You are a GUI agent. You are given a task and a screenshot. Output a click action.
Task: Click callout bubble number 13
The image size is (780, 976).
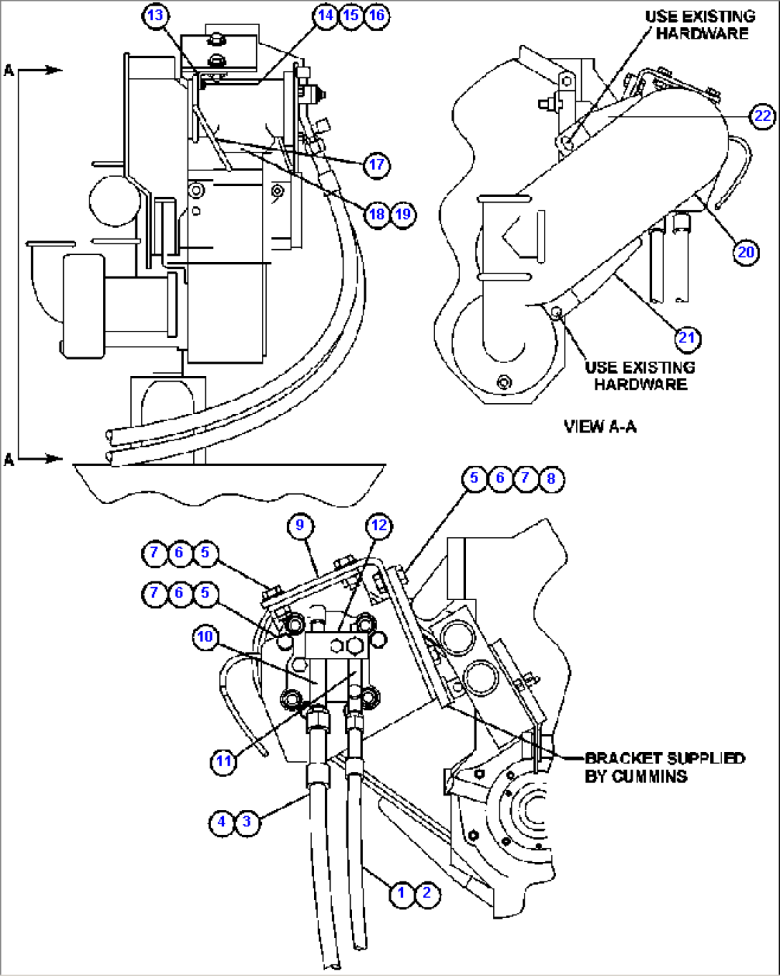155,16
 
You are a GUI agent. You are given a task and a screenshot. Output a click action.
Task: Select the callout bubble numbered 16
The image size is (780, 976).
377,16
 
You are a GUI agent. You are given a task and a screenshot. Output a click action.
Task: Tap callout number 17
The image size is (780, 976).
376,165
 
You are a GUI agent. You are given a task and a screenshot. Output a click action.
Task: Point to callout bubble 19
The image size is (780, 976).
404,213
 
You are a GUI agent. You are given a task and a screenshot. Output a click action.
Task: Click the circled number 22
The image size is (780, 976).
763,116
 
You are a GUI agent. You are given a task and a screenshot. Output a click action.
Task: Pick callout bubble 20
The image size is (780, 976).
746,252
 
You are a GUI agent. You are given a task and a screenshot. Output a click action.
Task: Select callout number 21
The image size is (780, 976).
687,338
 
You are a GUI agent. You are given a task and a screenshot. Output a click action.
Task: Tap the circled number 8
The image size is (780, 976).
551,478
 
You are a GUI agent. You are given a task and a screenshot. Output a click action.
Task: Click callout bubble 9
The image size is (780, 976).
300,526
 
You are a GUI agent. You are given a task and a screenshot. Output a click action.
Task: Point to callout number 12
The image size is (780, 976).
379,526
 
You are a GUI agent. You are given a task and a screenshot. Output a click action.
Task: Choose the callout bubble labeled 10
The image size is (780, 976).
205,637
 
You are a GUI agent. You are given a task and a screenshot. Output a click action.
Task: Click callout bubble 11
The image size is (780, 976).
224,761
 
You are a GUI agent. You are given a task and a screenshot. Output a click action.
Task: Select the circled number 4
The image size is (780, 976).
222,821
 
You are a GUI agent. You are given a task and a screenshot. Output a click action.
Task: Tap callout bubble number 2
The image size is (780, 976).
427,893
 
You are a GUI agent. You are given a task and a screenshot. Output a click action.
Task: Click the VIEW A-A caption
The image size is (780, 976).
600,427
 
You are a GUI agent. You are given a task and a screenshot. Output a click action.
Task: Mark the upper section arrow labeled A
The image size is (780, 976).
36,70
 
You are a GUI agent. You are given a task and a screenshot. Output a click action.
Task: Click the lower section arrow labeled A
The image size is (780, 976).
36,458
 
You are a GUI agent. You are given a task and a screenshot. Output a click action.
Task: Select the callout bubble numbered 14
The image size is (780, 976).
326,16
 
